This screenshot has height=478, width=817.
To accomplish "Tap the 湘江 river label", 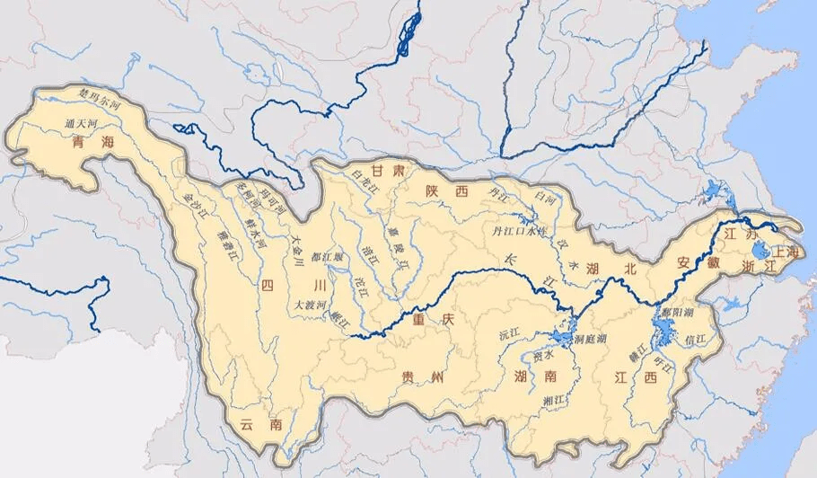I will [x=554, y=398].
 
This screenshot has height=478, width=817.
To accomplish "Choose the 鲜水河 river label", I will [x=259, y=237].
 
